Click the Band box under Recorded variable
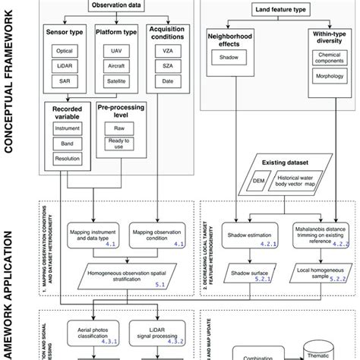[x=65, y=145]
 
